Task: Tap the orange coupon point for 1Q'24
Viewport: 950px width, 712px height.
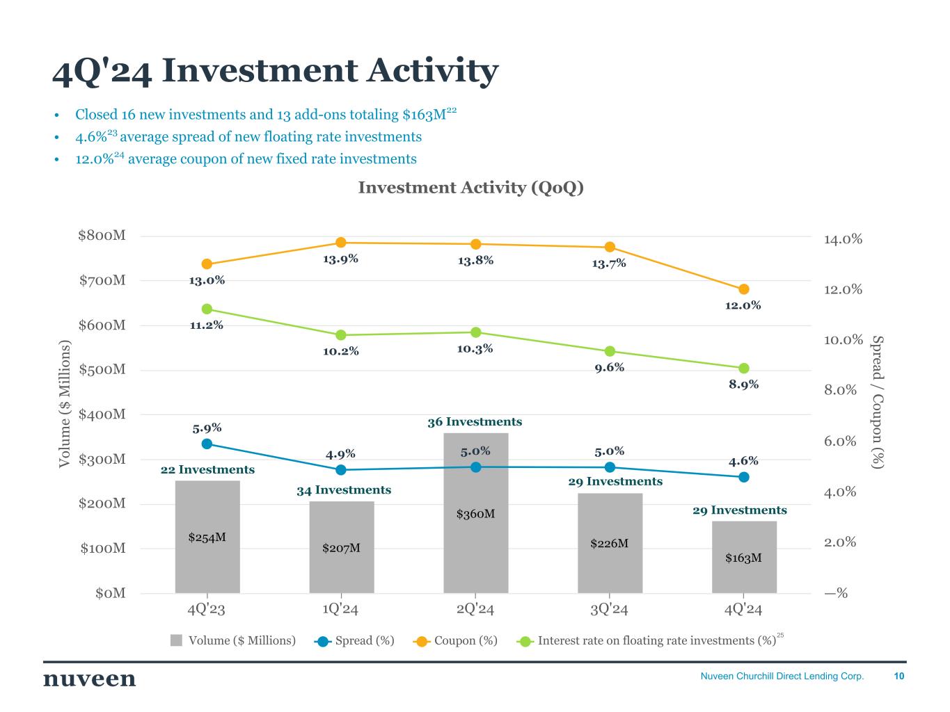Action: coord(341,243)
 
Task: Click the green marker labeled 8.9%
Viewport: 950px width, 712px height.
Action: coord(744,369)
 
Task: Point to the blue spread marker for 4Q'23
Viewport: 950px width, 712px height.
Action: coord(207,444)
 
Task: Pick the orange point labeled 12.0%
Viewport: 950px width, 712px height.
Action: coord(744,289)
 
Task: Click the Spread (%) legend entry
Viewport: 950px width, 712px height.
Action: coord(354,640)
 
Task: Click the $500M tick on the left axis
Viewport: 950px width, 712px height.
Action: coord(102,369)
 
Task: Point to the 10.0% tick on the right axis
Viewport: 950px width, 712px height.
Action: coord(843,340)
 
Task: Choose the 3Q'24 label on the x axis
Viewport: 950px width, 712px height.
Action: coord(609,610)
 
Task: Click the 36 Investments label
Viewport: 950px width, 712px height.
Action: coord(475,422)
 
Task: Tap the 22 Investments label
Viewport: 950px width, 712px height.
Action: coord(207,470)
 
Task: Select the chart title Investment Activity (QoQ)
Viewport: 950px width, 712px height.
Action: coord(470,188)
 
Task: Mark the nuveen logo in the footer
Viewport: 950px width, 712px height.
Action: coord(90,679)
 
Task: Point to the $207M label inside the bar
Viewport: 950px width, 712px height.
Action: coord(341,548)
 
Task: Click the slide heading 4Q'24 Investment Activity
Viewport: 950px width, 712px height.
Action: coord(276,72)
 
